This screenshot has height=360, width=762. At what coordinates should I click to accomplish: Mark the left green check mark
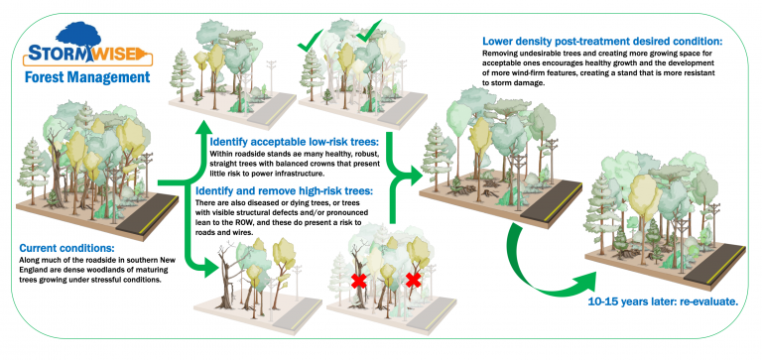[316, 42]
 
